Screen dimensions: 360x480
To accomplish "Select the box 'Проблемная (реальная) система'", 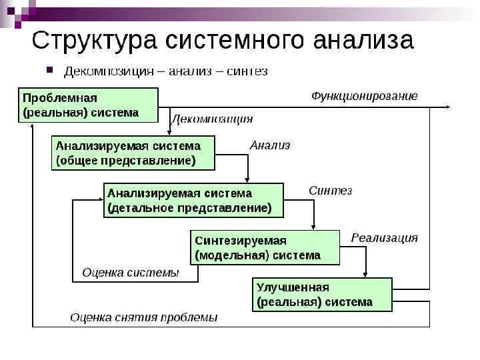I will (x=87, y=105).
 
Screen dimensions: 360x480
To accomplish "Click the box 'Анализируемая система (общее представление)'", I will (x=133, y=153).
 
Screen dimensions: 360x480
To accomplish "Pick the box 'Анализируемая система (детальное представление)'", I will (x=193, y=200).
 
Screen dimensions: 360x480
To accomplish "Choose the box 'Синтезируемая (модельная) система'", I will (x=265, y=247).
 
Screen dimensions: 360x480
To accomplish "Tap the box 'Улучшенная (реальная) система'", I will (x=322, y=294).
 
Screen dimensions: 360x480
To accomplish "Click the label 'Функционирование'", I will (x=365, y=96).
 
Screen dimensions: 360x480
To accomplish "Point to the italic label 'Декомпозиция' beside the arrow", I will (x=213, y=119).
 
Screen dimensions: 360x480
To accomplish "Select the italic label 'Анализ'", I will (x=270, y=145).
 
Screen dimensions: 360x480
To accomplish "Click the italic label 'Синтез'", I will (x=330, y=191).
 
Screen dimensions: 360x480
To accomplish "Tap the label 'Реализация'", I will (x=385, y=237).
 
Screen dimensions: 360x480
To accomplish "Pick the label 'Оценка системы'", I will (x=131, y=272).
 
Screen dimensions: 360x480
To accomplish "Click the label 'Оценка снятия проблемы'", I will (x=144, y=317).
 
